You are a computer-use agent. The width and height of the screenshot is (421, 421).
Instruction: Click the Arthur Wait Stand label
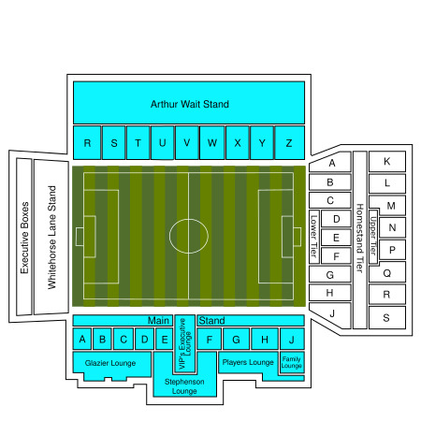pyautogui.click(x=190, y=104)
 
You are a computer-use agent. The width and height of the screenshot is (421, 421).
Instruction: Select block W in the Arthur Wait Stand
pyautogui.click(x=212, y=142)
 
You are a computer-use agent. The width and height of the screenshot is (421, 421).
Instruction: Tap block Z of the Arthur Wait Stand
pyautogui.click(x=289, y=142)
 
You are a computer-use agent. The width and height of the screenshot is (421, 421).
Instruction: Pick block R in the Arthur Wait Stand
pyautogui.click(x=87, y=142)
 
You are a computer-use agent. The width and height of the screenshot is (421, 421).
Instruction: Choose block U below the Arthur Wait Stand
pyautogui.click(x=162, y=142)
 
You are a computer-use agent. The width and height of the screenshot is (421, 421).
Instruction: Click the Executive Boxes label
pyautogui.click(x=24, y=238)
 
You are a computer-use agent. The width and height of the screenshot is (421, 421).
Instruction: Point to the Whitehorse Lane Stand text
pyautogui.click(x=51, y=238)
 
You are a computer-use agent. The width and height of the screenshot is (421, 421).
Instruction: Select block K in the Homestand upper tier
pyautogui.click(x=387, y=161)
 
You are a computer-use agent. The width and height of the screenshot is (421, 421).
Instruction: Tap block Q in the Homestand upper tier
pyautogui.click(x=387, y=273)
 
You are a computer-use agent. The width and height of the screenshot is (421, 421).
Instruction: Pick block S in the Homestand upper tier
pyautogui.click(x=387, y=318)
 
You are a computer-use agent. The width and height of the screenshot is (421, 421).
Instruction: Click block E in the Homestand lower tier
pyautogui.click(x=336, y=238)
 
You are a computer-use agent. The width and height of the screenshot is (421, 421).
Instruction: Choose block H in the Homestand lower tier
pyautogui.click(x=330, y=293)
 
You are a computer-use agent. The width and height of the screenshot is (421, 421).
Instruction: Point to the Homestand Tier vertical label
pyautogui.click(x=360, y=239)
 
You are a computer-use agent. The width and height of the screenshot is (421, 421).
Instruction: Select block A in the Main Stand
pyautogui.click(x=82, y=339)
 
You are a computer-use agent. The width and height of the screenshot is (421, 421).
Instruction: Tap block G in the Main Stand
pyautogui.click(x=236, y=339)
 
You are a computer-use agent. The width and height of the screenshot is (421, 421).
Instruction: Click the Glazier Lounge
pyautogui.click(x=110, y=363)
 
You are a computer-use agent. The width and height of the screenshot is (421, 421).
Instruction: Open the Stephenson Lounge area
pyautogui.click(x=184, y=385)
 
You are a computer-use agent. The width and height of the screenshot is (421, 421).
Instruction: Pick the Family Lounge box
pyautogui.click(x=292, y=362)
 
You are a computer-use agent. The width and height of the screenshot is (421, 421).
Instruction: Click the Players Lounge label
pyautogui.click(x=248, y=362)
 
